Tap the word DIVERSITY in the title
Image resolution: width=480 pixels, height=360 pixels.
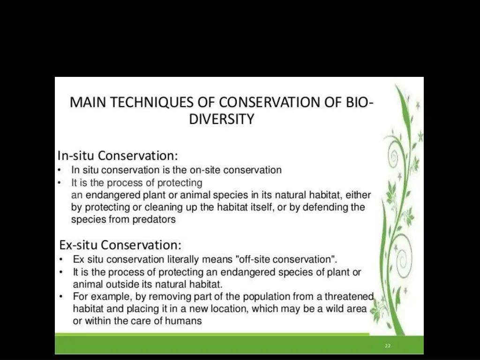(x=221, y=120)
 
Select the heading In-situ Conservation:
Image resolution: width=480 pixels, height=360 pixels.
(x=118, y=155)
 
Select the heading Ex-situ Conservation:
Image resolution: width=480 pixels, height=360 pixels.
(x=120, y=245)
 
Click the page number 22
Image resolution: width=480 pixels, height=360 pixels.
(x=387, y=346)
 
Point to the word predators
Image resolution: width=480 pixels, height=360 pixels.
(x=154, y=219)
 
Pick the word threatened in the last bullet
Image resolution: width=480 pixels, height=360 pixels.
(x=349, y=296)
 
